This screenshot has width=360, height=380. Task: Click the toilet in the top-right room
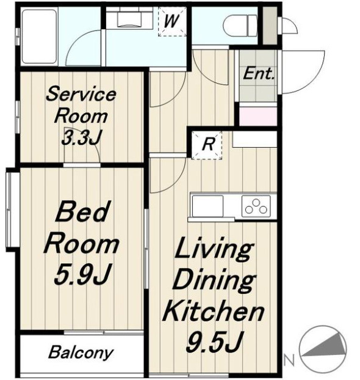pyautogui.click(x=240, y=26)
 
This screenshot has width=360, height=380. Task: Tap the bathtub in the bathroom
pyautogui.click(x=39, y=37)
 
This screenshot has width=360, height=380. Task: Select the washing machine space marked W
pyautogui.click(x=172, y=21)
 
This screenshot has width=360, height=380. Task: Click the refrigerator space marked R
pyautogui.click(x=207, y=145)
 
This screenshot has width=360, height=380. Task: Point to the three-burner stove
pyautogui.click(x=256, y=206)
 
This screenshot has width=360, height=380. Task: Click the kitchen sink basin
pyautogui.click(x=207, y=205)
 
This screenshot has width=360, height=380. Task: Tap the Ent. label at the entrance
pyautogui.click(x=259, y=73)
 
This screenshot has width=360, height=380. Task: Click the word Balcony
pyautogui.click(x=81, y=353)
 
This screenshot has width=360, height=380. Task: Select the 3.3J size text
pyautogui.click(x=81, y=137)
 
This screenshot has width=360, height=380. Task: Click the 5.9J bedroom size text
pyautogui.click(x=81, y=274)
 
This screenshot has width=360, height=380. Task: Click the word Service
pyautogui.click(x=81, y=95)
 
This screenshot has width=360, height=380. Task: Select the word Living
pyautogui.click(x=214, y=250)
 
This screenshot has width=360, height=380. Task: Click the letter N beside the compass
pyautogui.click(x=289, y=360)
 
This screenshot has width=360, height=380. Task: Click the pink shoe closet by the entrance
pyautogui.click(x=258, y=116)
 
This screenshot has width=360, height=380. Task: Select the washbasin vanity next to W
pyautogui.click(x=129, y=17)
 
